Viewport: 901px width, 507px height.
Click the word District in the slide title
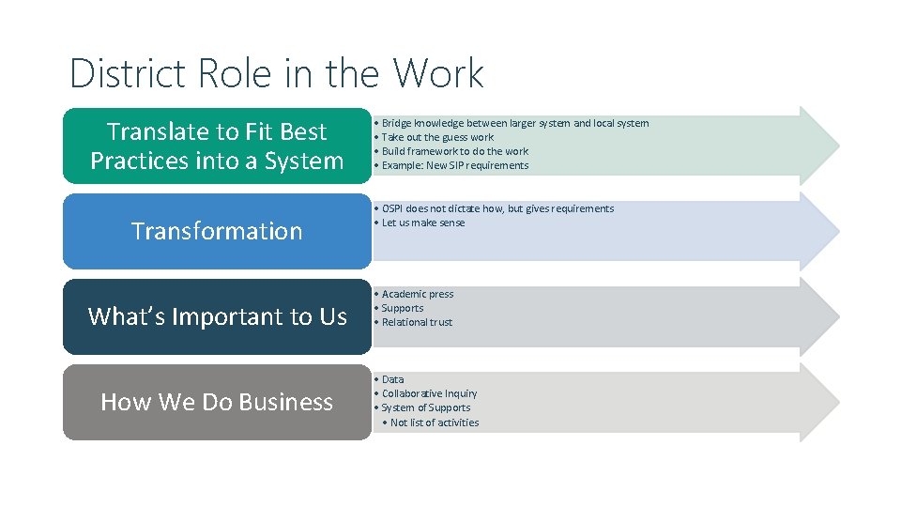121,73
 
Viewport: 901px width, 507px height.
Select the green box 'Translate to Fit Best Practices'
217,146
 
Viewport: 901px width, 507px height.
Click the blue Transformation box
217,231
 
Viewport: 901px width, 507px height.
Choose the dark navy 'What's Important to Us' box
217,316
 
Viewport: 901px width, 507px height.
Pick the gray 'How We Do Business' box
217,402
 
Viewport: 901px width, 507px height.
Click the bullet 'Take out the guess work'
437,137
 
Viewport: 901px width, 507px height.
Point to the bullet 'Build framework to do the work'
455,151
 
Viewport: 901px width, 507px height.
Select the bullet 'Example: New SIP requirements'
455,165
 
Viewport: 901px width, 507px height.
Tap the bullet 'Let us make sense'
423,223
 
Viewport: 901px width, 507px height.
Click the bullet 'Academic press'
417,294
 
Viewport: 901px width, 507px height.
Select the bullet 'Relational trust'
417,322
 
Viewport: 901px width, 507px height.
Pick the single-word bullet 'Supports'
403,308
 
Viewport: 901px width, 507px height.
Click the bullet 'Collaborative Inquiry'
429,393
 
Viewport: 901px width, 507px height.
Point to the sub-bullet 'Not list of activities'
435,422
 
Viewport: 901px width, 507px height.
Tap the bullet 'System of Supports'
426,407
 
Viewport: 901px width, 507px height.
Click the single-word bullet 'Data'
392,379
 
